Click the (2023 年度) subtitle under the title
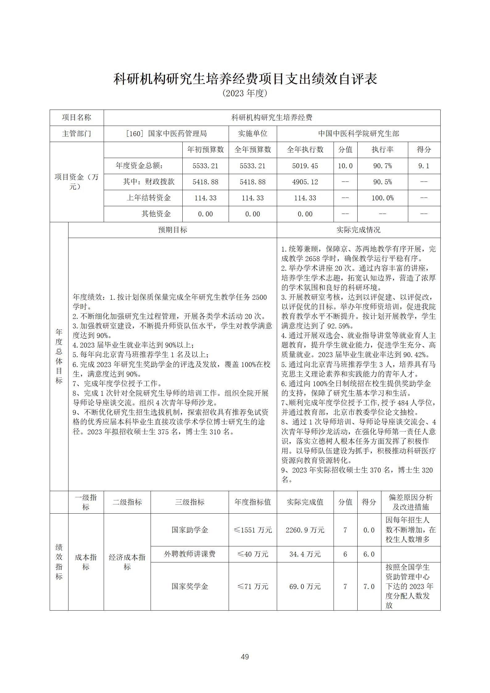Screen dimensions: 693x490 click(245, 93)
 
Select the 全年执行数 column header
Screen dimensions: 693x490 click(305, 150)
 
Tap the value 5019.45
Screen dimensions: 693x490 click(305, 166)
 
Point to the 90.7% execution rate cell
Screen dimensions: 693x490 click(382, 166)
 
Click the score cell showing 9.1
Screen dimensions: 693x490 click(424, 166)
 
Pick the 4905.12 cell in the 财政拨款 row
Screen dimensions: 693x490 click(305, 182)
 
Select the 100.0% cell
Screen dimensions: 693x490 click(382, 198)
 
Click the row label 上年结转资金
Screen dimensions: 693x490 click(149, 198)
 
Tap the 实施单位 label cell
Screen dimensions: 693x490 click(252, 134)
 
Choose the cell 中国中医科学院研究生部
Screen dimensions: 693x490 click(358, 134)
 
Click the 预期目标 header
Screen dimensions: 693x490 click(172, 230)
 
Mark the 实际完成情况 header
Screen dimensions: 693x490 click(358, 230)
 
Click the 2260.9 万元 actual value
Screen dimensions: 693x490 click(305, 530)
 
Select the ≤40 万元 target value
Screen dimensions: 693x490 click(252, 554)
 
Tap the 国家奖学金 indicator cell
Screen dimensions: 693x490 click(189, 586)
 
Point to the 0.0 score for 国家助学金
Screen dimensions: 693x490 click(369, 530)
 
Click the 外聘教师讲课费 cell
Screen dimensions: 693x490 click(189, 554)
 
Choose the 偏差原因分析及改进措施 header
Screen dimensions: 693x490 click(410, 502)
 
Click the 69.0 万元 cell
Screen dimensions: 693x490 click(305, 586)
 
